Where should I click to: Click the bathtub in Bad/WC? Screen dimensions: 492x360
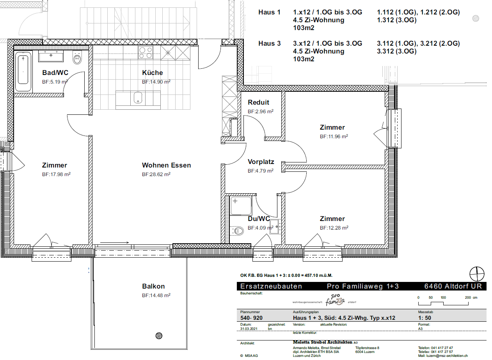pos(23,71)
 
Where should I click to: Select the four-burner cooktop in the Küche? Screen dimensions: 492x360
pos(146,52)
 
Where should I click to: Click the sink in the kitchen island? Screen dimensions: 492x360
pos(138,98)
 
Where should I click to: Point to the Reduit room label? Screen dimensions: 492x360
pos(259,102)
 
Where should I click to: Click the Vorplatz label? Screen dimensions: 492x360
pos(261,162)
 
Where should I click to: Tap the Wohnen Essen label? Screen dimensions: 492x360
pos(166,165)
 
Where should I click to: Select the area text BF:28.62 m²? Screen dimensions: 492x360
pos(156,174)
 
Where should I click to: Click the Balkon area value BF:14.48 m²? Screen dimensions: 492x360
pos(156,296)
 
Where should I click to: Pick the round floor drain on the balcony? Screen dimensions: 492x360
pos(159,336)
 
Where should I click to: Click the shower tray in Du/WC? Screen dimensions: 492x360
pos(241,206)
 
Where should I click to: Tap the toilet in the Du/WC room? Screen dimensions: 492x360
pos(238,231)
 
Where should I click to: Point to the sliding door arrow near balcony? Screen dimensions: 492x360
pos(114,242)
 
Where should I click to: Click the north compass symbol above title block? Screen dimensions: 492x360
pos(477,274)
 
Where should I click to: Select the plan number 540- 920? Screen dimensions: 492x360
pos(251,318)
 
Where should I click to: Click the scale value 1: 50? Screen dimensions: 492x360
pos(425,318)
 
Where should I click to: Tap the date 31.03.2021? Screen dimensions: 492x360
pos(249,329)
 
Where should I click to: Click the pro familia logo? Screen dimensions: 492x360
pos(335,300)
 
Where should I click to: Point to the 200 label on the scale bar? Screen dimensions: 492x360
pos(468,298)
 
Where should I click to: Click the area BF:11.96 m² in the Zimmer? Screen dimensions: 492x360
pos(334,137)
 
